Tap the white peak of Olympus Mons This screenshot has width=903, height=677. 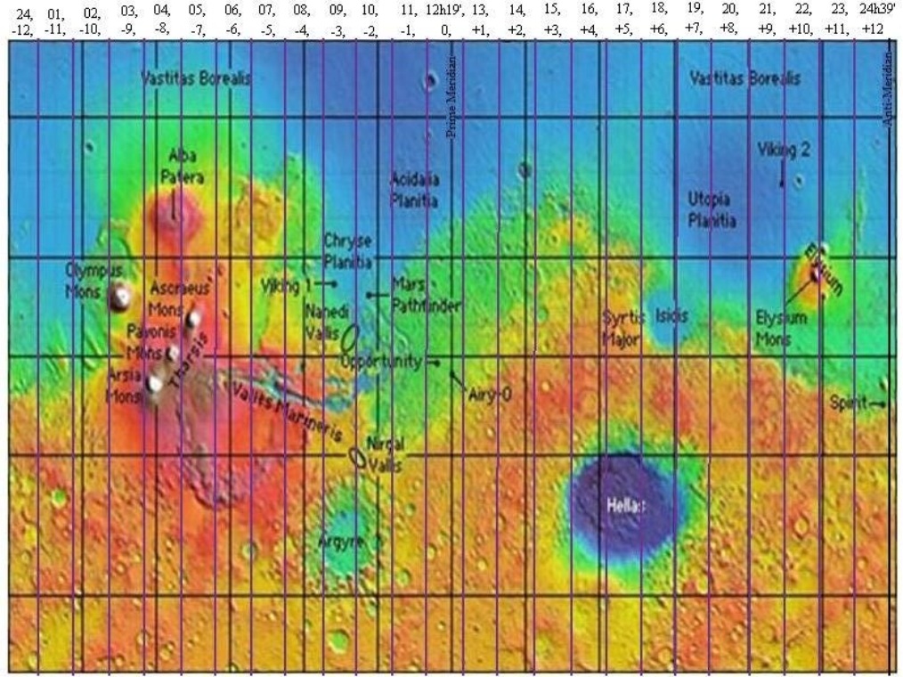point(118,298)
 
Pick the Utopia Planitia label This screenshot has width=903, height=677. point(718,208)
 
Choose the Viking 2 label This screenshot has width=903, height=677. point(783,151)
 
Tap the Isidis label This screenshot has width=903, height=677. point(671,315)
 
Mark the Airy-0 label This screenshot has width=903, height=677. point(491,393)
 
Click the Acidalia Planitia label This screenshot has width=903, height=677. point(415,190)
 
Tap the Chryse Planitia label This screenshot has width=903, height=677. point(347,251)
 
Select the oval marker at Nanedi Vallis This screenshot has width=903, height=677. point(351,337)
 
